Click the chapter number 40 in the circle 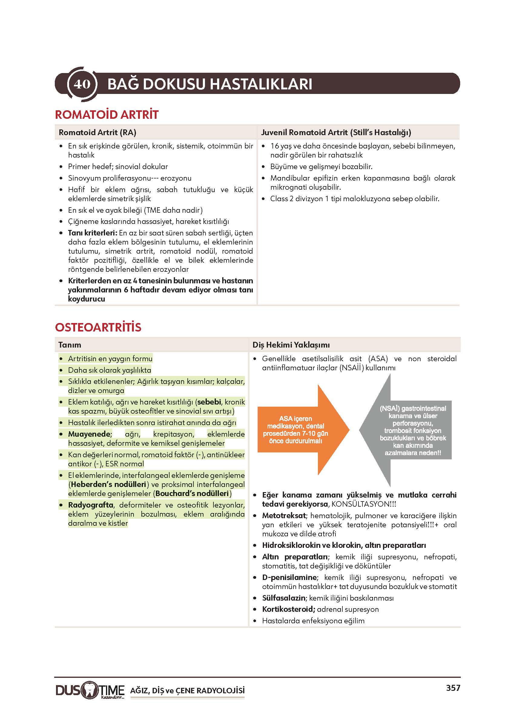coord(82,84)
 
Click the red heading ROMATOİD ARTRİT coord(107,115)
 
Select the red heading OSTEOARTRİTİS coord(98,327)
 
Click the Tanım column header coord(69,345)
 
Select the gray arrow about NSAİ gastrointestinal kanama coord(409,430)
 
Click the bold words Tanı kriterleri coord(92,233)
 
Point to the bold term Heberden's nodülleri coord(108,484)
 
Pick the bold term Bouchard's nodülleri coord(192,494)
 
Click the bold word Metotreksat coord(284,516)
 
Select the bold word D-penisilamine coord(289,577)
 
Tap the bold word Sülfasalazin coord(283,598)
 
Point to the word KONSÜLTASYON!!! coord(363,504)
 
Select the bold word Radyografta coord(91,505)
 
